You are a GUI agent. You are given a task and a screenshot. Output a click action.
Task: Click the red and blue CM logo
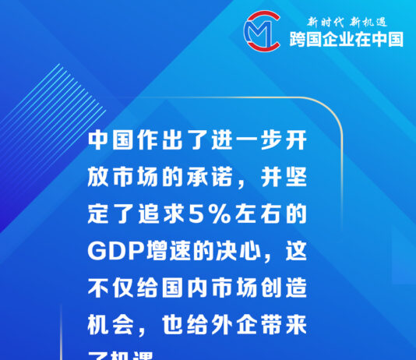tap(263, 30)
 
